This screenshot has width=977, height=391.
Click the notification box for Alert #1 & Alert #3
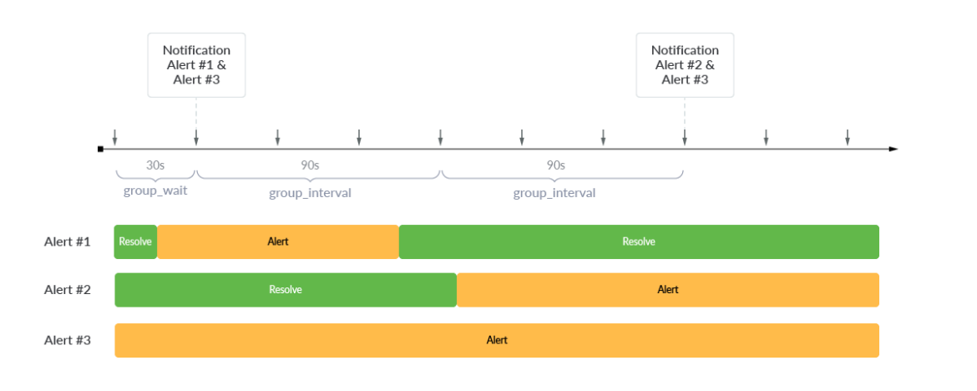pos(196,65)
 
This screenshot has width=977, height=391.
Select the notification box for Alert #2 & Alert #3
pos(685,65)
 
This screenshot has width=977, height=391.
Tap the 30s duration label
pos(155,165)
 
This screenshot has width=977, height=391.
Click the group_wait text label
pos(155,190)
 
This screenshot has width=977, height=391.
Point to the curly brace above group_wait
pos(155,176)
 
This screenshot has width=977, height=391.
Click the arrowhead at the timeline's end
pos(893,149)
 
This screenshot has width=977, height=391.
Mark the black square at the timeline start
pos(100,149)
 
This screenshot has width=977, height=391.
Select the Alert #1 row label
pos(67,241)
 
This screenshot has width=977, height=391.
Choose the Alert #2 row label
pos(67,290)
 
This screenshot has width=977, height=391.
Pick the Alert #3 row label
pos(67,340)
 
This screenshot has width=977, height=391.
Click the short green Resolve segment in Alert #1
pos(135,241)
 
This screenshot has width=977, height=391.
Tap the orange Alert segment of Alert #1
pos(278,241)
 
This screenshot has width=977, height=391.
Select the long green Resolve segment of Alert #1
pos(639,241)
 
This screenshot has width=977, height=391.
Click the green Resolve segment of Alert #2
pos(286,290)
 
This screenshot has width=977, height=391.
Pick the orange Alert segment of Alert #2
pos(668,290)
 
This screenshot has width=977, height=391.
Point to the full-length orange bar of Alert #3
pos(497,340)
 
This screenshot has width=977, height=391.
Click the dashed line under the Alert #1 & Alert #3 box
pos(196,113)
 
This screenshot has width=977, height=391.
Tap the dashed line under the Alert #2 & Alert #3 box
pos(685,113)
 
